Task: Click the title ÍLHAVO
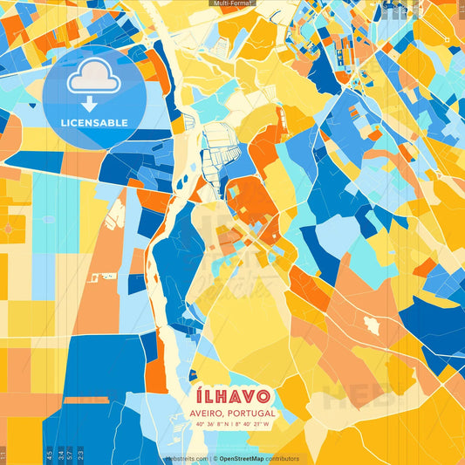(x=232, y=396)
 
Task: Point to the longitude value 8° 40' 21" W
(x=252, y=425)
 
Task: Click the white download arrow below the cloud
(x=89, y=103)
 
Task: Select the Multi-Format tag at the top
(x=232, y=3)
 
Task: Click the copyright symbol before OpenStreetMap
(x=215, y=458)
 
